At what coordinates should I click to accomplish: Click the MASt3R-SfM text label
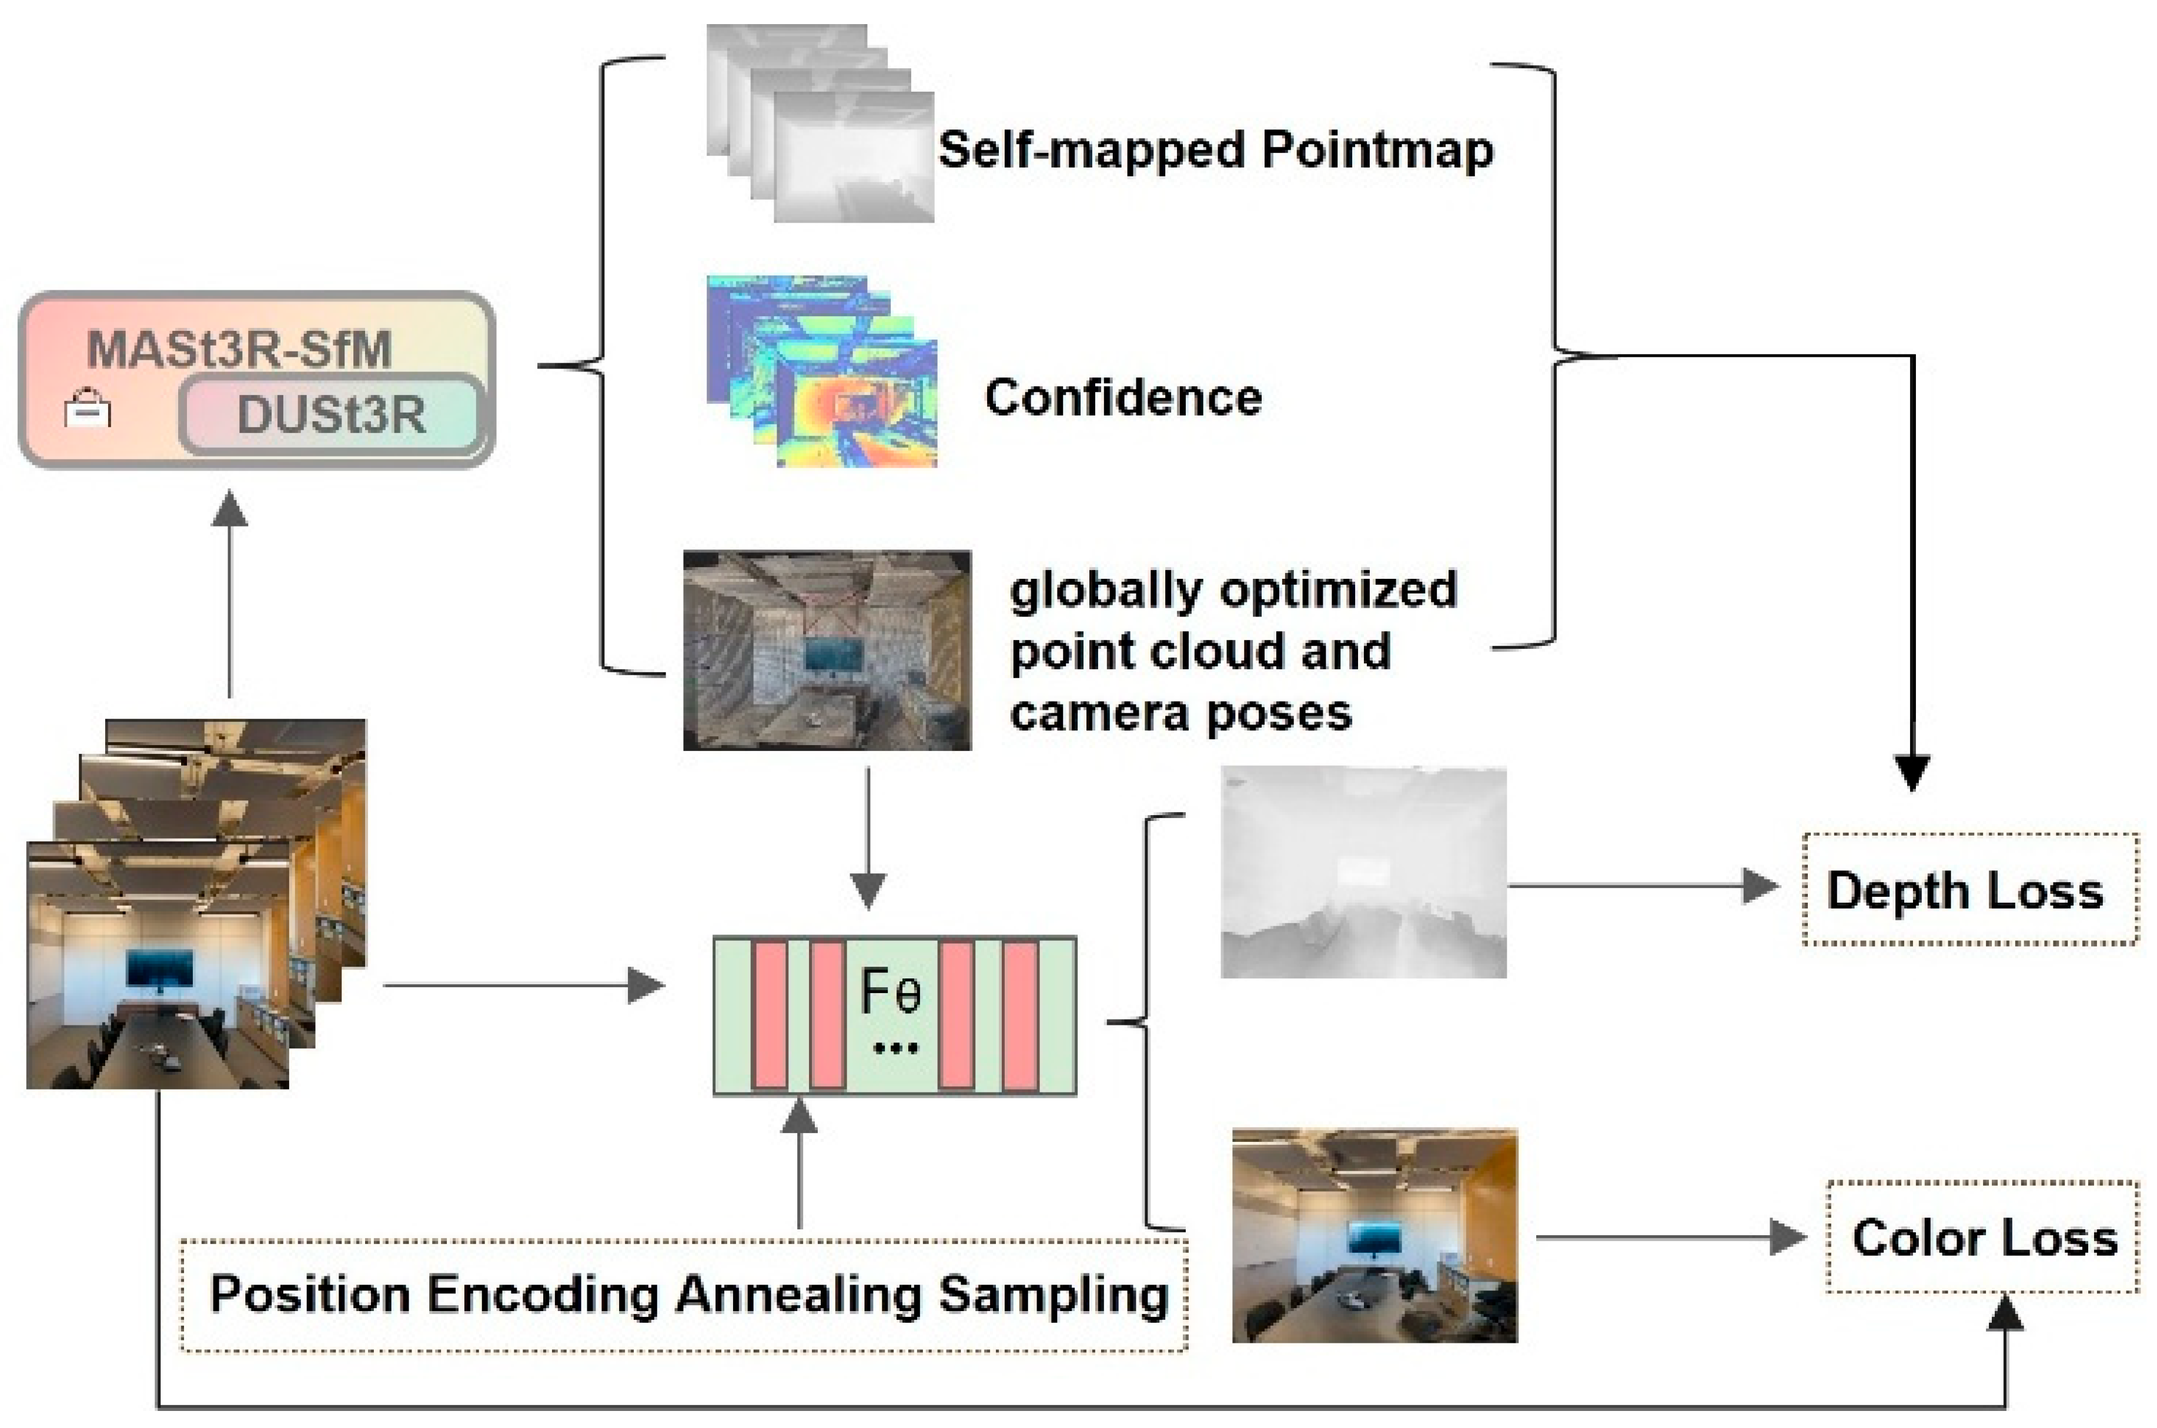click(239, 349)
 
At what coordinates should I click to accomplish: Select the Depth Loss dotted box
click(1969, 890)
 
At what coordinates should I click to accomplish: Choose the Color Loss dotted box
click(1982, 1238)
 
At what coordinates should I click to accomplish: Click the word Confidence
click(1123, 398)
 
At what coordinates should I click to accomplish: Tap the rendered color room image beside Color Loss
click(1374, 1235)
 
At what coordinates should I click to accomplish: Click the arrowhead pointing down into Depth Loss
click(1911, 772)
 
